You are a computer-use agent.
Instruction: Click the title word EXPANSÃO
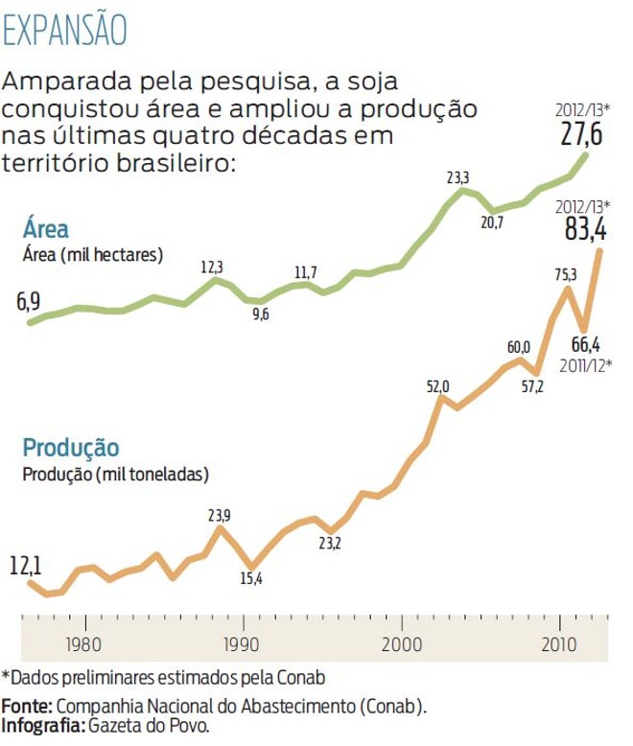pos(65,30)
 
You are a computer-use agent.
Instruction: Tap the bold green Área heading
pos(46,229)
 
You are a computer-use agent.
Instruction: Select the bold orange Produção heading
pos(71,448)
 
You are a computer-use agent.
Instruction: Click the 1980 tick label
pos(84,641)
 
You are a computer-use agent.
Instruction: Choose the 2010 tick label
pos(559,641)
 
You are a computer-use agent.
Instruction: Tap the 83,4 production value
pos(587,230)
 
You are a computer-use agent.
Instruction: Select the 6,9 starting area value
pos(28,304)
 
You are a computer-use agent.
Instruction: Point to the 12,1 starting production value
pos(28,566)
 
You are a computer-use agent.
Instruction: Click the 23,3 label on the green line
pos(458,178)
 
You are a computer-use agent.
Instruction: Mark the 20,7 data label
pos(492,222)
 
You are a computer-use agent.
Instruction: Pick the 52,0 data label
pos(437,386)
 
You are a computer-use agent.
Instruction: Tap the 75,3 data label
pos(566,276)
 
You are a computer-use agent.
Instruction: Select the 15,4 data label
pos(251,578)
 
